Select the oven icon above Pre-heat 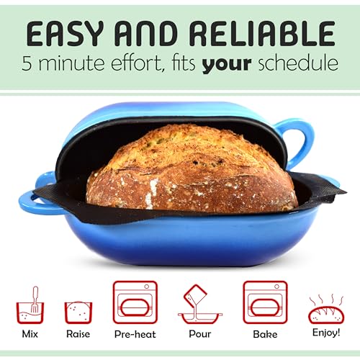click(135, 302)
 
